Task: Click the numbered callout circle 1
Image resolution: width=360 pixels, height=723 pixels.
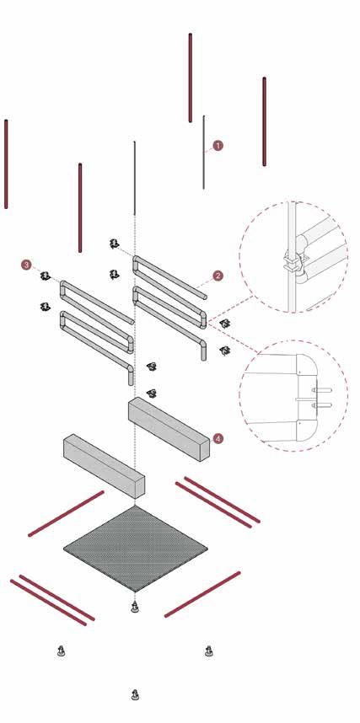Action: click(218, 146)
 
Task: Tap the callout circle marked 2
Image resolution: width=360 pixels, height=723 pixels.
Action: click(218, 276)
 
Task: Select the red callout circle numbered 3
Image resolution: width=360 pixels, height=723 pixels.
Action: click(27, 265)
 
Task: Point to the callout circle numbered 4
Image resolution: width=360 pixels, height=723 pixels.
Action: click(218, 438)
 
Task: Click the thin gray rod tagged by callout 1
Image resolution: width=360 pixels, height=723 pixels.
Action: click(203, 153)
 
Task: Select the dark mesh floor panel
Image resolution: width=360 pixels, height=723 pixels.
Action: click(135, 549)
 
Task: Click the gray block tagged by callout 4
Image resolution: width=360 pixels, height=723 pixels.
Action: click(169, 428)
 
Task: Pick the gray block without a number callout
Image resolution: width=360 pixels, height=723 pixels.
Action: click(104, 466)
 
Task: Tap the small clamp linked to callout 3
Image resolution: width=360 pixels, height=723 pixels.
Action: click(45, 276)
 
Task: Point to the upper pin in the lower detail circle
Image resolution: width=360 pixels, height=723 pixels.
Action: click(322, 390)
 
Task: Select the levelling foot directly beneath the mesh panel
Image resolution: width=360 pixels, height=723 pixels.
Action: click(135, 608)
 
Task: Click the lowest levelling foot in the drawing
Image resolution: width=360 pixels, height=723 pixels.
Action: click(135, 694)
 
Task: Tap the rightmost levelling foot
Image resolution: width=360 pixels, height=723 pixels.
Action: click(209, 651)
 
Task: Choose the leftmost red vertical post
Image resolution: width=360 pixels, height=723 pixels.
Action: click(6, 164)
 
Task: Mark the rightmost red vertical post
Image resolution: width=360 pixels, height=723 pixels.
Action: click(265, 121)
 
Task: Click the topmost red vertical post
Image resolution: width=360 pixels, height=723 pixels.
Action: click(191, 78)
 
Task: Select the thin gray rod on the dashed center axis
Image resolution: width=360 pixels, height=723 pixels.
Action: click(135, 178)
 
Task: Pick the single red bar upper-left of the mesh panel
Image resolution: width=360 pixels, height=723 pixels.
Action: click(66, 514)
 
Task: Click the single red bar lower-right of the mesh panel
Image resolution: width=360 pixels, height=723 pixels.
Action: click(202, 594)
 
